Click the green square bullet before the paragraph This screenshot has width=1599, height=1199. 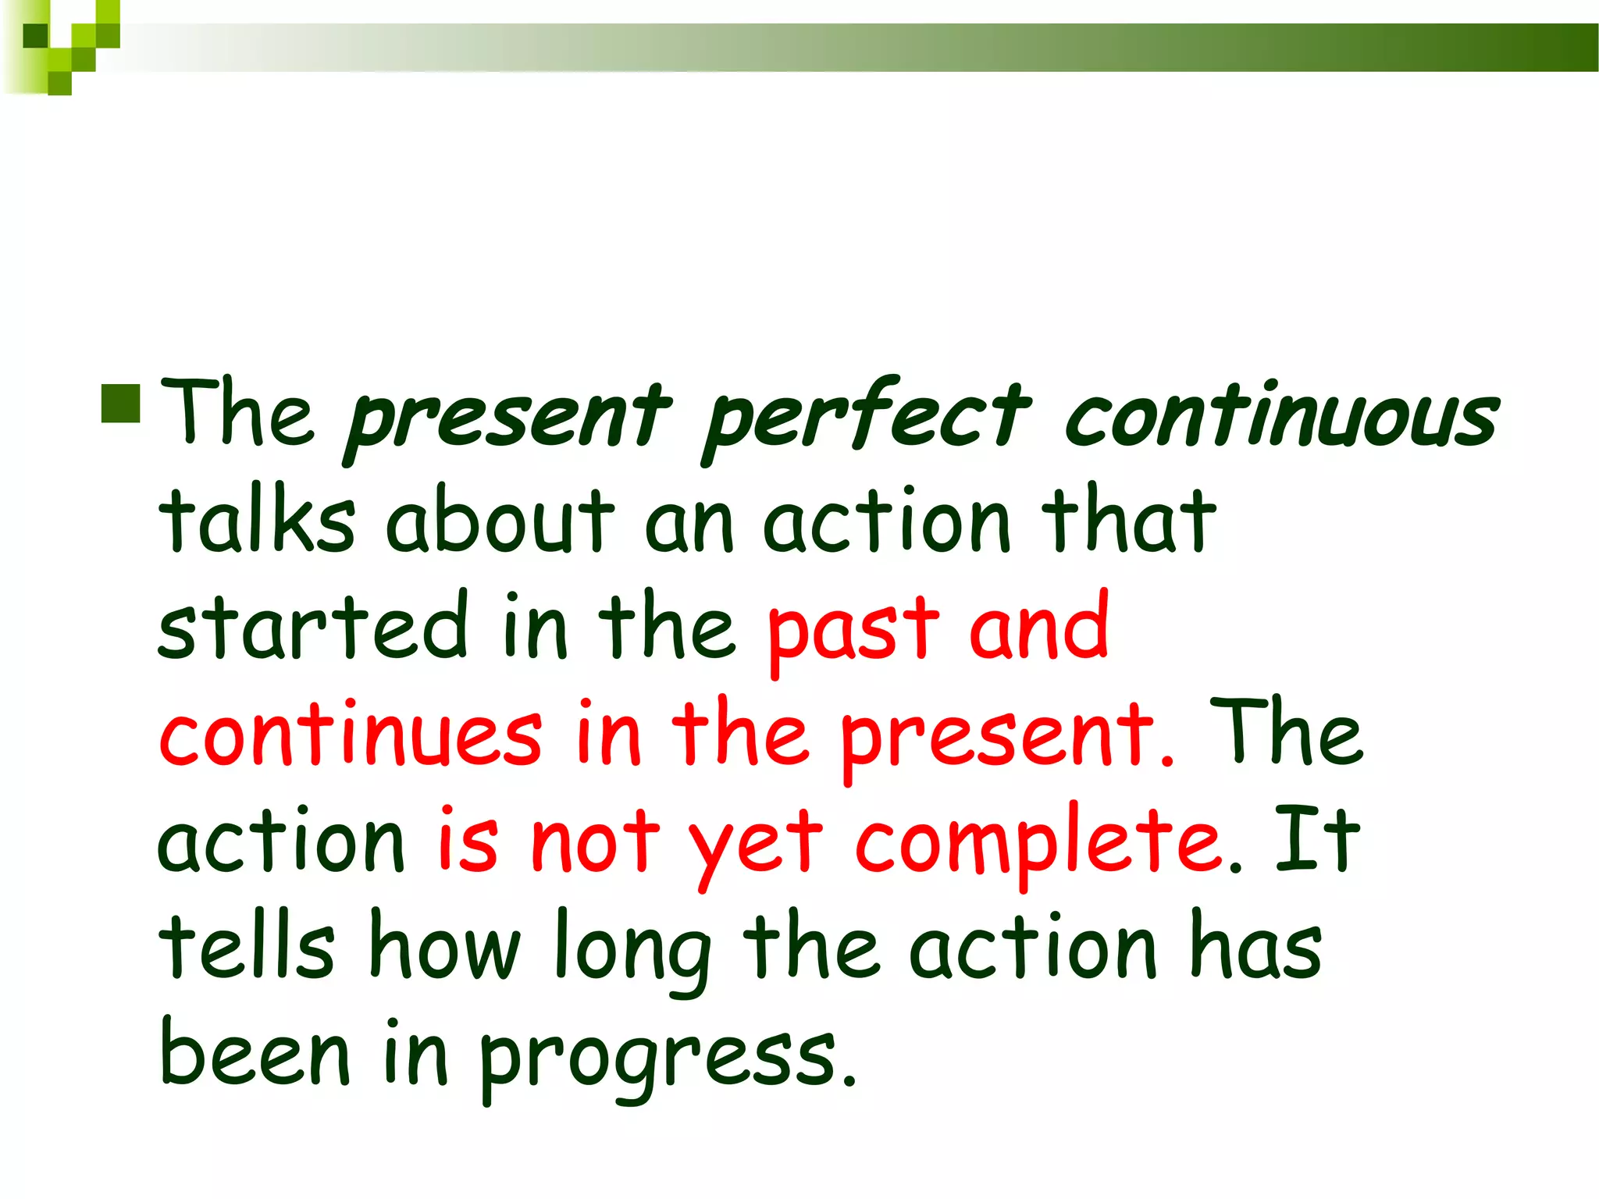[120, 403]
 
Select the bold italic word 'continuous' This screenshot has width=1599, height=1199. [1280, 417]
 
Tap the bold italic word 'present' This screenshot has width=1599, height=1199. [507, 418]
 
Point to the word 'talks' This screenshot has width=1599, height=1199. [258, 521]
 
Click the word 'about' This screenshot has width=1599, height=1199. [500, 521]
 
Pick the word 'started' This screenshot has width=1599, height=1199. [312, 628]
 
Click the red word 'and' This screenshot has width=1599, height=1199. [1038, 628]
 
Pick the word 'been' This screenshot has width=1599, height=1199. [255, 1054]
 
